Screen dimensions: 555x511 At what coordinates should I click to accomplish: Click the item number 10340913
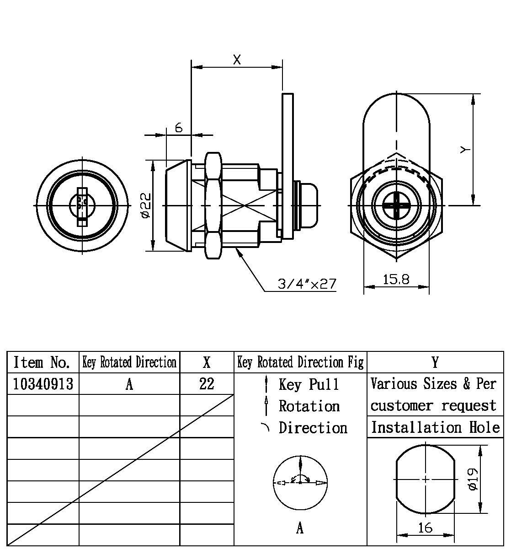(x=43, y=383)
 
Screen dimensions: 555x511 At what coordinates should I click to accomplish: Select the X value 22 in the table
(x=207, y=383)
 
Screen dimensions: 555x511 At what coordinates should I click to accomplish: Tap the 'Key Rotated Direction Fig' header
(x=300, y=362)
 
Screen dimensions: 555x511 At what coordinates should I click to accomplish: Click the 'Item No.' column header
(x=42, y=362)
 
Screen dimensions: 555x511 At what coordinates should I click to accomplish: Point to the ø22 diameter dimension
(x=146, y=205)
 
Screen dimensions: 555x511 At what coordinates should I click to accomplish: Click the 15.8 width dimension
(x=396, y=279)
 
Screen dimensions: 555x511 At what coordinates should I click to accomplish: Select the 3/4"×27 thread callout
(x=307, y=284)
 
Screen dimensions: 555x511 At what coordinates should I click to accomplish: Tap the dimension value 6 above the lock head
(x=179, y=128)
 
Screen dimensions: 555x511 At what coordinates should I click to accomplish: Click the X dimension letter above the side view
(x=237, y=59)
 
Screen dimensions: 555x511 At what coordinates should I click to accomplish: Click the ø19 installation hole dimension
(x=473, y=479)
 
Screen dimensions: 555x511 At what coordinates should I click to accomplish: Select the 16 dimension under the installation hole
(x=425, y=528)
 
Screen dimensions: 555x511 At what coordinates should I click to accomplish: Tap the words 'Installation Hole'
(x=435, y=427)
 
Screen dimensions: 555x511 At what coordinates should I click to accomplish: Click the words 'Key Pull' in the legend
(x=309, y=384)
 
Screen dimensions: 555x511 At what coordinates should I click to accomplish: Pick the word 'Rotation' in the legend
(x=309, y=406)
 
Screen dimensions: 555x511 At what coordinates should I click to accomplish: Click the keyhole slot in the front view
(x=82, y=206)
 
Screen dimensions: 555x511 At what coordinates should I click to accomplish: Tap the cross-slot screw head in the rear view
(x=396, y=205)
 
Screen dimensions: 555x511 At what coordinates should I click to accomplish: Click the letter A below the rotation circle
(x=300, y=528)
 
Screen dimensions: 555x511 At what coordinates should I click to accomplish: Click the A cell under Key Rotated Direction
(x=129, y=384)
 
